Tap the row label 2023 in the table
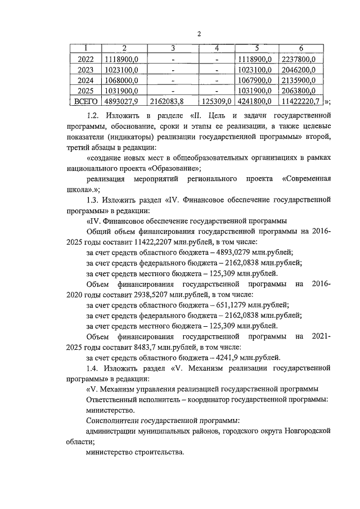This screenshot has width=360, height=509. click(86, 69)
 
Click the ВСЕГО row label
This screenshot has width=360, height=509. click(86, 101)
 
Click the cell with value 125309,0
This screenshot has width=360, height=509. click(216, 101)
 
